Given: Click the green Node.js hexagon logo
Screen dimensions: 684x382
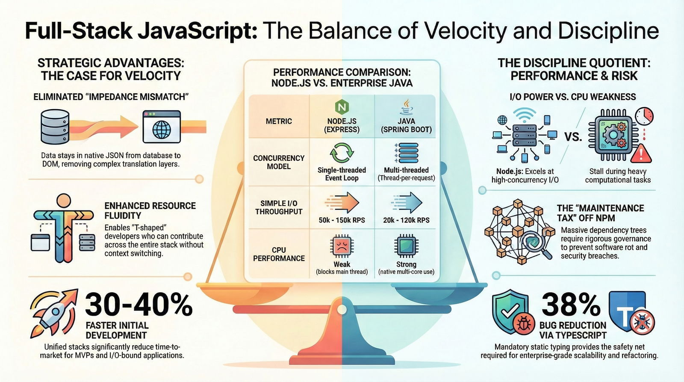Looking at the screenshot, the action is click(x=342, y=107).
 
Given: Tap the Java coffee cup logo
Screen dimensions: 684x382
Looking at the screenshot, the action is click(x=407, y=107).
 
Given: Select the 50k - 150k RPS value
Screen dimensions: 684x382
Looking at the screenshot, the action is click(x=342, y=220).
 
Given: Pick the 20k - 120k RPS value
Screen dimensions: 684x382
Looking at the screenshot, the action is click(x=407, y=220).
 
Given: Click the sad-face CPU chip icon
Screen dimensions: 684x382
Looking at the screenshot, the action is click(x=342, y=246).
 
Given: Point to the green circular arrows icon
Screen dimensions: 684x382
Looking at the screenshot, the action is click(x=342, y=152).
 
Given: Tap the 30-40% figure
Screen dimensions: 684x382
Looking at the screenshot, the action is click(x=139, y=305).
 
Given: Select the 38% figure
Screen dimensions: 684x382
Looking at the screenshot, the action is click(x=571, y=305).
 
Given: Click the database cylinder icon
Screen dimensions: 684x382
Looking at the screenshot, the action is click(x=55, y=127).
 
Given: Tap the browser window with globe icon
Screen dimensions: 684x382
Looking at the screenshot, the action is click(x=162, y=127).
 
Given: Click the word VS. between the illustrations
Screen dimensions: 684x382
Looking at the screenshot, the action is click(x=573, y=137).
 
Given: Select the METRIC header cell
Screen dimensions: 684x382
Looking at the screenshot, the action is click(x=279, y=121).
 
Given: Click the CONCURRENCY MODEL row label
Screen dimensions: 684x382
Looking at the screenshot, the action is click(x=279, y=162).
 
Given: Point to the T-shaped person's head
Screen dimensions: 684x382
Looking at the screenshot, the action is click(x=64, y=201).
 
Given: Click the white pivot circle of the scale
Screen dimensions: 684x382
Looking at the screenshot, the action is click(x=342, y=310).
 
